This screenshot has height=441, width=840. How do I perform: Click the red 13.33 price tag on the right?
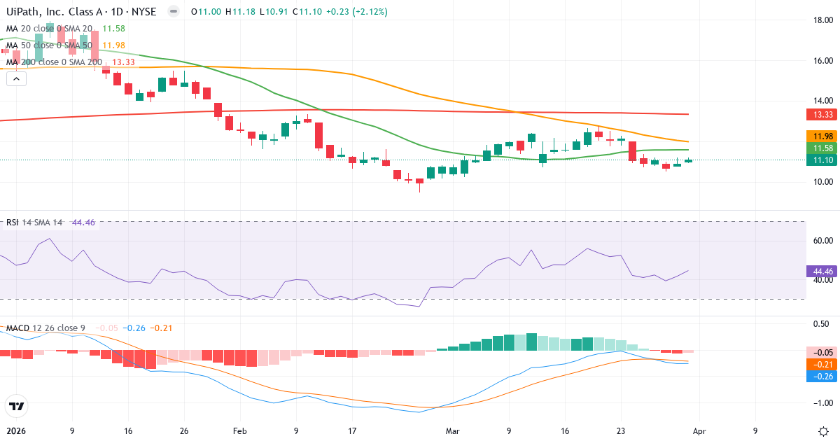pyautogui.click(x=819, y=114)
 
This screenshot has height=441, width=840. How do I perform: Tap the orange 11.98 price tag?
pyautogui.click(x=819, y=136)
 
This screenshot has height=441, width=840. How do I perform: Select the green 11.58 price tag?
pyautogui.click(x=819, y=148)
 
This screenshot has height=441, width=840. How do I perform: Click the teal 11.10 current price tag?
pyautogui.click(x=819, y=160)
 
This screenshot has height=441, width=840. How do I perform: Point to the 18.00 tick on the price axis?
pyautogui.click(x=818, y=20)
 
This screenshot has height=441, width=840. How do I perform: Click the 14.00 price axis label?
pyautogui.click(x=818, y=101)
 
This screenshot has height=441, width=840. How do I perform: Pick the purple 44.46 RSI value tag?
pyautogui.click(x=819, y=271)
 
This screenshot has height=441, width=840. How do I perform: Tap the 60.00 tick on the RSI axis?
pyautogui.click(x=818, y=241)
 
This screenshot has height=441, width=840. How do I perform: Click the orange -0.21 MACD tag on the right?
pyautogui.click(x=819, y=364)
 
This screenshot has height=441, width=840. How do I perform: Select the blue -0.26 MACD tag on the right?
pyautogui.click(x=819, y=376)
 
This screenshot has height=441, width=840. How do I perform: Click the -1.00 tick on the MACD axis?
pyautogui.click(x=818, y=403)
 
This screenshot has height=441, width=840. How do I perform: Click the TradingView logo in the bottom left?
pyautogui.click(x=17, y=406)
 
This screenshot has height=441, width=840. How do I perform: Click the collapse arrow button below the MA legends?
pyautogui.click(x=16, y=78)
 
